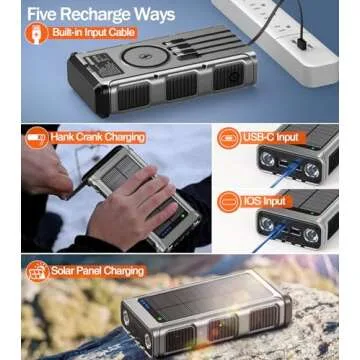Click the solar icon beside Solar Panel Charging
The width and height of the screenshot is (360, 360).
click(x=37, y=270)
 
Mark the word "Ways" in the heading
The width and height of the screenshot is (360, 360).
click(x=152, y=14)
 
